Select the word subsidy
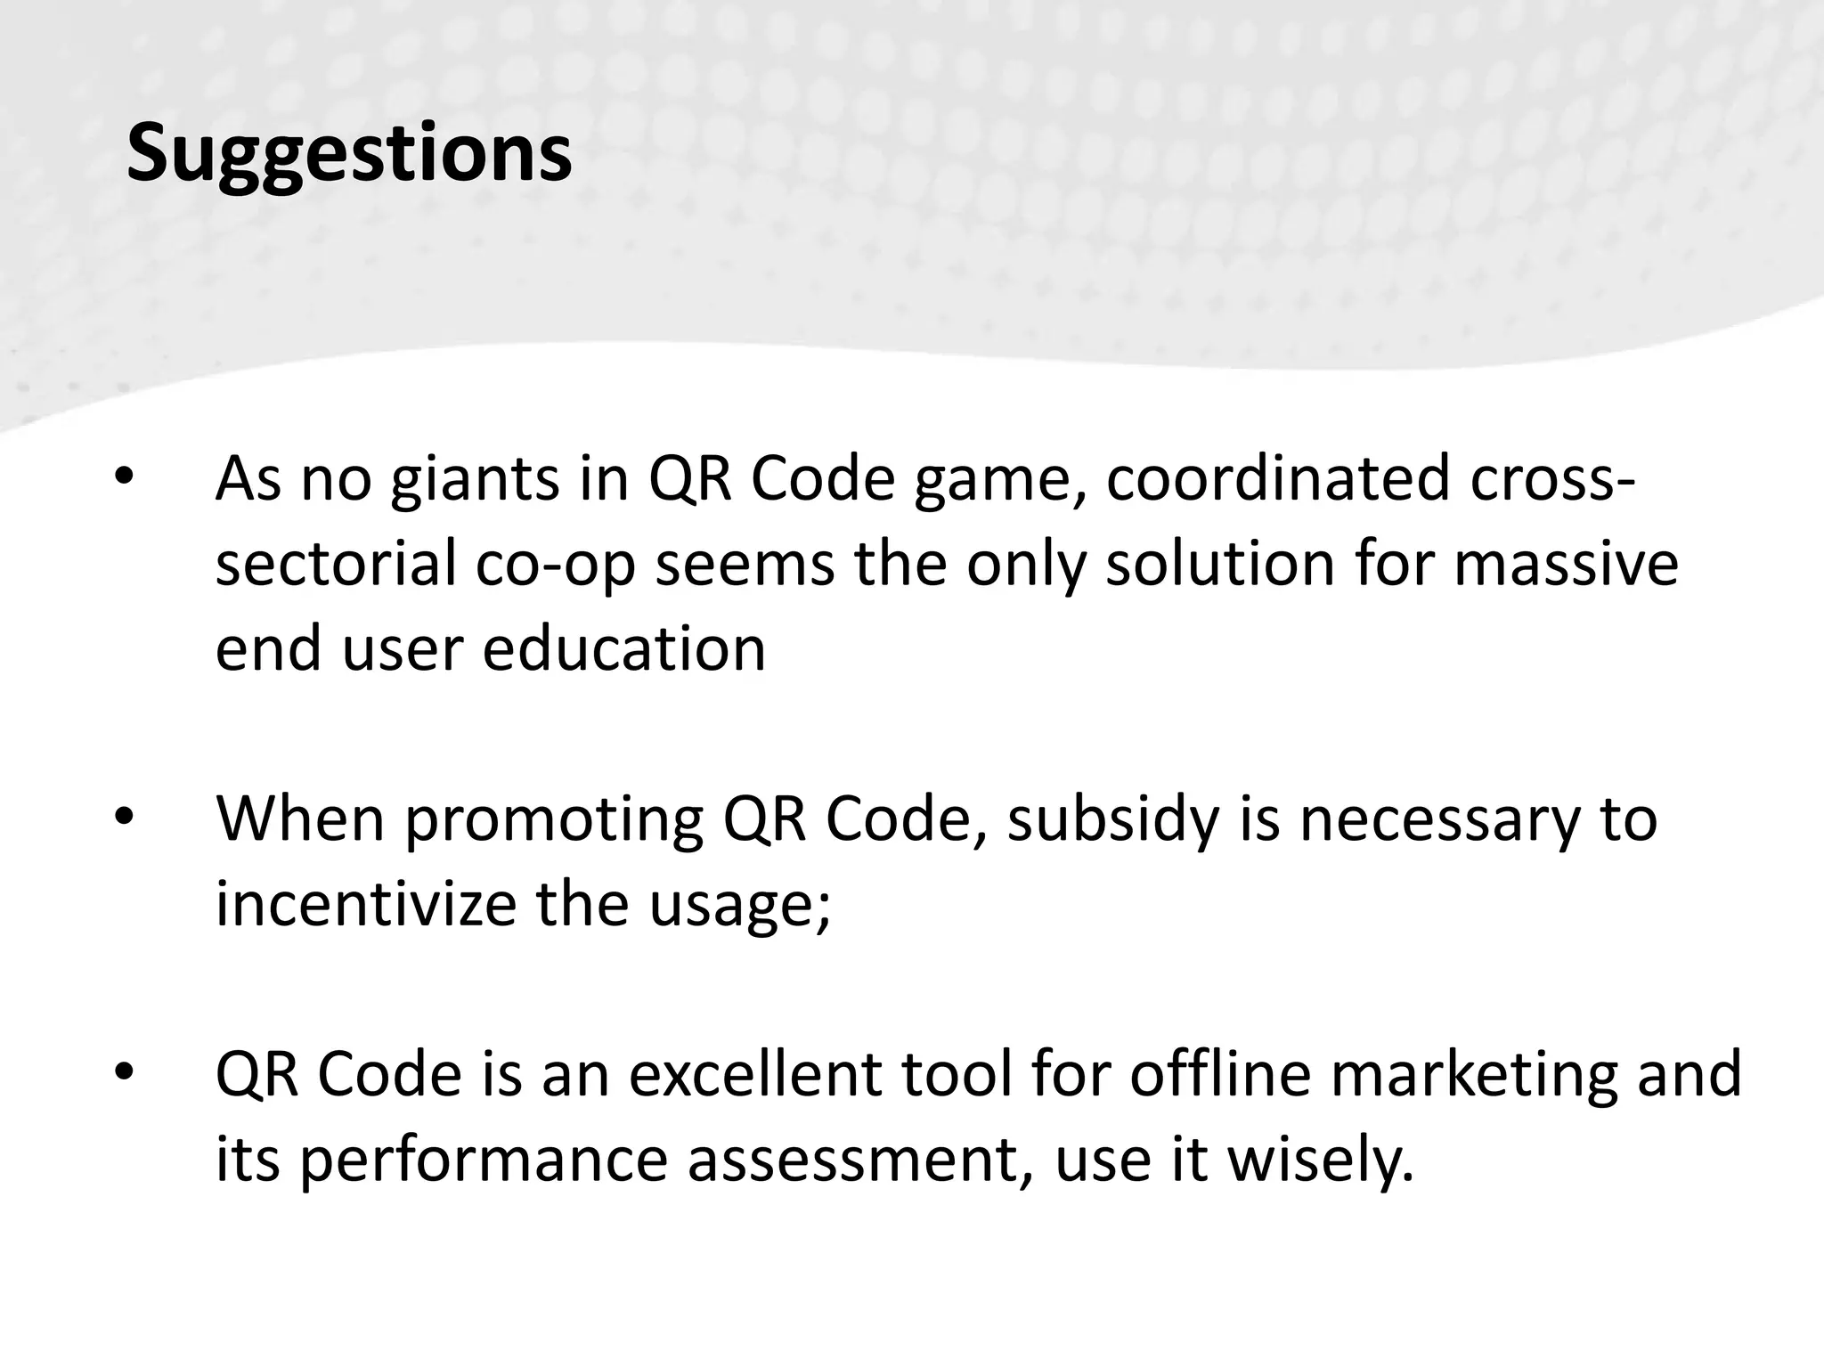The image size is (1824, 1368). click(x=1113, y=819)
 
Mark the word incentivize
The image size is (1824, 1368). click(x=366, y=903)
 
